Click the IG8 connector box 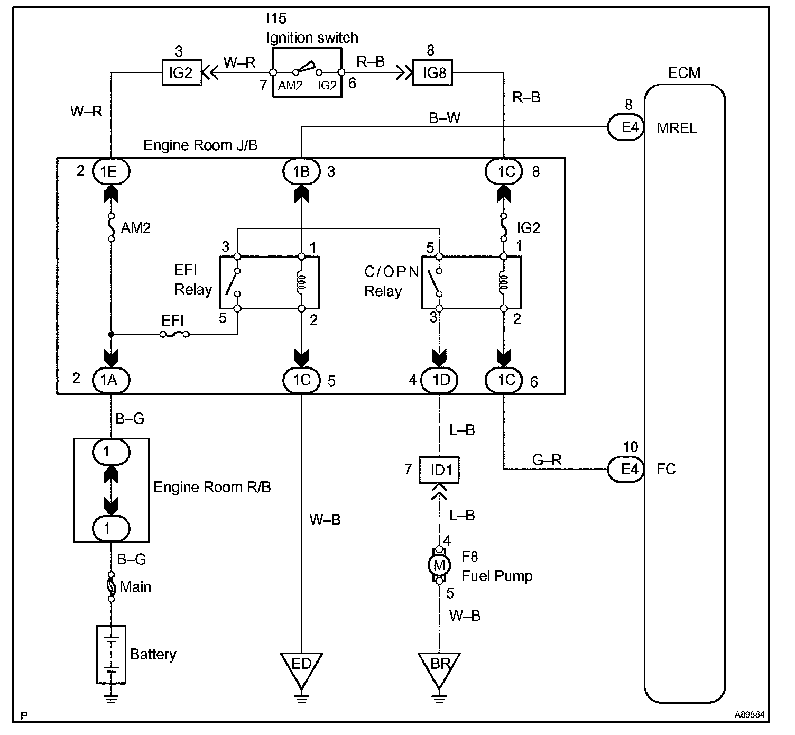(x=434, y=72)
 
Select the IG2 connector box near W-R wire (x=181, y=72)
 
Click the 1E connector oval (x=111, y=171)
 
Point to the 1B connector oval (x=302, y=171)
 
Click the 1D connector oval (x=440, y=380)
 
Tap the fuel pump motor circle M (x=439, y=565)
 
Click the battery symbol (x=111, y=655)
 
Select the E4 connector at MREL (x=627, y=127)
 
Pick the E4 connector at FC (x=627, y=469)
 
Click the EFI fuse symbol (x=174, y=334)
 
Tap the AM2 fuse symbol (x=111, y=227)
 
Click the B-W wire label (x=445, y=118)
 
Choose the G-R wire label (x=547, y=460)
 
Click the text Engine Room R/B (x=212, y=487)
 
